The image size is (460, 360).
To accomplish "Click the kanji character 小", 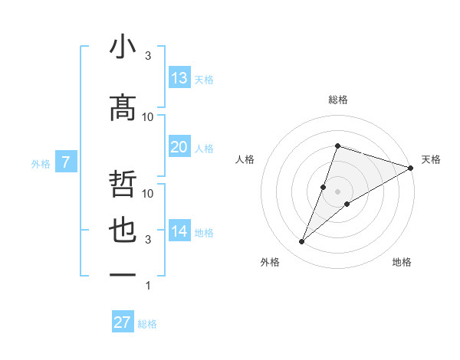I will (123, 47).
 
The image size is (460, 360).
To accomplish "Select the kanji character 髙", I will (123, 109).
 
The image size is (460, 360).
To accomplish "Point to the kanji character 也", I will (123, 231).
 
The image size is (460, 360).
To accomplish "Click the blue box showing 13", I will (179, 78).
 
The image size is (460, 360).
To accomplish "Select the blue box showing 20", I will (179, 147).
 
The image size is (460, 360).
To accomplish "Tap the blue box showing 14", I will (179, 231).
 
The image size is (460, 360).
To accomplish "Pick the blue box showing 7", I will (67, 162).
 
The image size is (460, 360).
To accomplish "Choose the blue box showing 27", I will (123, 322).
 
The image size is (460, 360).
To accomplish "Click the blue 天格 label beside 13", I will (204, 80).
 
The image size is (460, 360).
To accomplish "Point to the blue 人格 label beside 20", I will (204, 149).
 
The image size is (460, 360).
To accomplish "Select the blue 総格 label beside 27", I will (147, 324).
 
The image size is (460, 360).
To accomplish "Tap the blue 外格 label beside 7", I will (41, 164).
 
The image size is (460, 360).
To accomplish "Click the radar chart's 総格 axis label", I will (338, 100).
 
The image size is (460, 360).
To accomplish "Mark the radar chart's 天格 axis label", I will (432, 159).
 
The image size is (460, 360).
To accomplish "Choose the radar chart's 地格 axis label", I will (402, 263).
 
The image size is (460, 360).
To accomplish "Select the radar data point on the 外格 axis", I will (302, 242).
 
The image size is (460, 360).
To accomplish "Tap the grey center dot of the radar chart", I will (338, 191).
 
